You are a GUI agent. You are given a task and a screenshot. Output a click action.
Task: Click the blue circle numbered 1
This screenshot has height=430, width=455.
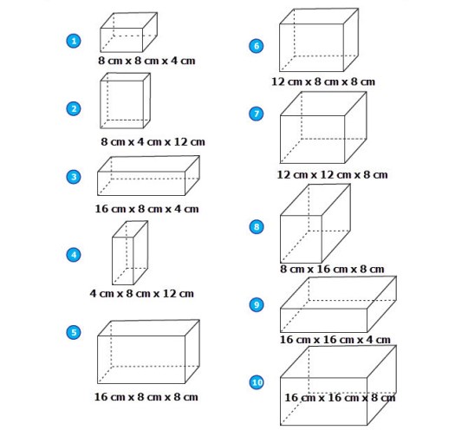click(74, 41)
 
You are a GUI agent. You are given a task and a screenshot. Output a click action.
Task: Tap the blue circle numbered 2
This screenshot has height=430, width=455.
click(74, 109)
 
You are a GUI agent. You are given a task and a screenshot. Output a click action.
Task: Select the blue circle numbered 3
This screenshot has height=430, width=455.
click(74, 177)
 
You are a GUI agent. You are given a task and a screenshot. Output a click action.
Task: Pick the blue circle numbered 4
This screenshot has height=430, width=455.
click(74, 255)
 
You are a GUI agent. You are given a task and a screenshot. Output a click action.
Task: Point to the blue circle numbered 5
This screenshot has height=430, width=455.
click(74, 332)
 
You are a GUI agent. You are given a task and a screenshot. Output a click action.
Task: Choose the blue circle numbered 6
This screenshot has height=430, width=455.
click(257, 46)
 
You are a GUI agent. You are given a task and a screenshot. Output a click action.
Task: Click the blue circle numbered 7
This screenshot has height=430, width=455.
click(257, 114)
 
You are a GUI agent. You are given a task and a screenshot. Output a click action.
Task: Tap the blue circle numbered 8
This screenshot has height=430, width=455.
click(257, 227)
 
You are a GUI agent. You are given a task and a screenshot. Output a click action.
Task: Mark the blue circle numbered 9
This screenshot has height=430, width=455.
click(257, 304)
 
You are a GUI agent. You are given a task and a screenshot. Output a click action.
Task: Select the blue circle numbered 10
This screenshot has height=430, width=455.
click(257, 382)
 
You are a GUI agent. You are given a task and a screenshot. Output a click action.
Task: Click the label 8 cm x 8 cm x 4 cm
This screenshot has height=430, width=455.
click(146, 61)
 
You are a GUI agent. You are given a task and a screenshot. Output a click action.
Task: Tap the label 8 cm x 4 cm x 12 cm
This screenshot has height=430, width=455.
click(153, 141)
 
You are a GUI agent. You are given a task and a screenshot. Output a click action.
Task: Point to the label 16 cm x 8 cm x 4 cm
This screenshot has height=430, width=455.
click(146, 209)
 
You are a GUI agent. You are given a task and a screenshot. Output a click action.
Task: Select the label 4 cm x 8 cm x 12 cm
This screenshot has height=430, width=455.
click(142, 293)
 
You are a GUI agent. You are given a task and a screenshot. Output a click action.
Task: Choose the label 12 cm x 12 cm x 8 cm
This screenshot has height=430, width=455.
click(332, 174)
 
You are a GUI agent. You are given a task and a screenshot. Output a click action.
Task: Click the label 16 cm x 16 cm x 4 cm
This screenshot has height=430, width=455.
click(335, 340)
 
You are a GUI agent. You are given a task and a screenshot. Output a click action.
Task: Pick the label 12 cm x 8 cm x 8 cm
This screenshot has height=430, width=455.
click(323, 81)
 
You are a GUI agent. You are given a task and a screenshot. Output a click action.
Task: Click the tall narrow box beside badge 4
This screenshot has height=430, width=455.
click(130, 252)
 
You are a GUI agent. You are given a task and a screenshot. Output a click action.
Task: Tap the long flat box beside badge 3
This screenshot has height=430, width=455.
click(148, 176)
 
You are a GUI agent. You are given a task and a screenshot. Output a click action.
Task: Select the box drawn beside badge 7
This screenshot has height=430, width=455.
click(323, 127)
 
